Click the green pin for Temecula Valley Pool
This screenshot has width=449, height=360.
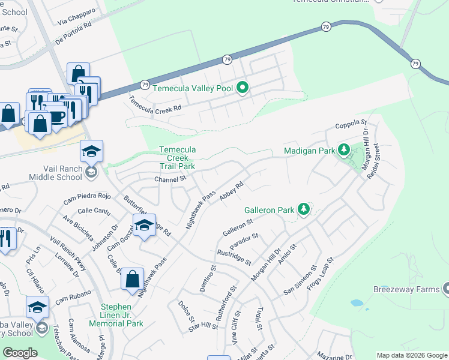point(243,88)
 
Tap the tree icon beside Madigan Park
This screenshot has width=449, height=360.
point(343,149)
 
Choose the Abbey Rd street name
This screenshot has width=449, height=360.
point(231,193)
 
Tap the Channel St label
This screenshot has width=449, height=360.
point(171,179)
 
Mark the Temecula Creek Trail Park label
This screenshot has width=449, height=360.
point(177,158)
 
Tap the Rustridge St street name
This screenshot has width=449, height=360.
point(234,257)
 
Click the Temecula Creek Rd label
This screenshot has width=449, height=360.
point(155,105)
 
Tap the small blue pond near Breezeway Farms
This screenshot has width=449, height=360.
point(358,303)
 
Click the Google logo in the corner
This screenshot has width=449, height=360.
point(20,353)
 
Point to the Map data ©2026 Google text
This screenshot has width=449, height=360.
point(412,355)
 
